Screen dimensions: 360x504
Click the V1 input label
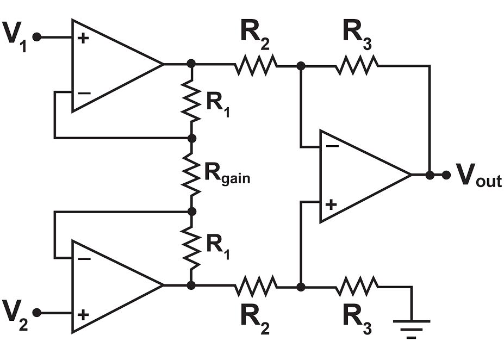pos(15,37)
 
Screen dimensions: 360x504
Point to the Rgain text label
pos(227,174)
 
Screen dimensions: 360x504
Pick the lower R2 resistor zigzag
pos(256,285)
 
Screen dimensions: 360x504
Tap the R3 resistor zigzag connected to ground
pos(357,285)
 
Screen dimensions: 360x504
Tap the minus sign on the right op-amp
pos(332,146)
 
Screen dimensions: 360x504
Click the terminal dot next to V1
pos(37,37)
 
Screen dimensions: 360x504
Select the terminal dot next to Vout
pos(446,175)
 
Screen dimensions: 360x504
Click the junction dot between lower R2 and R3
pos(301,285)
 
